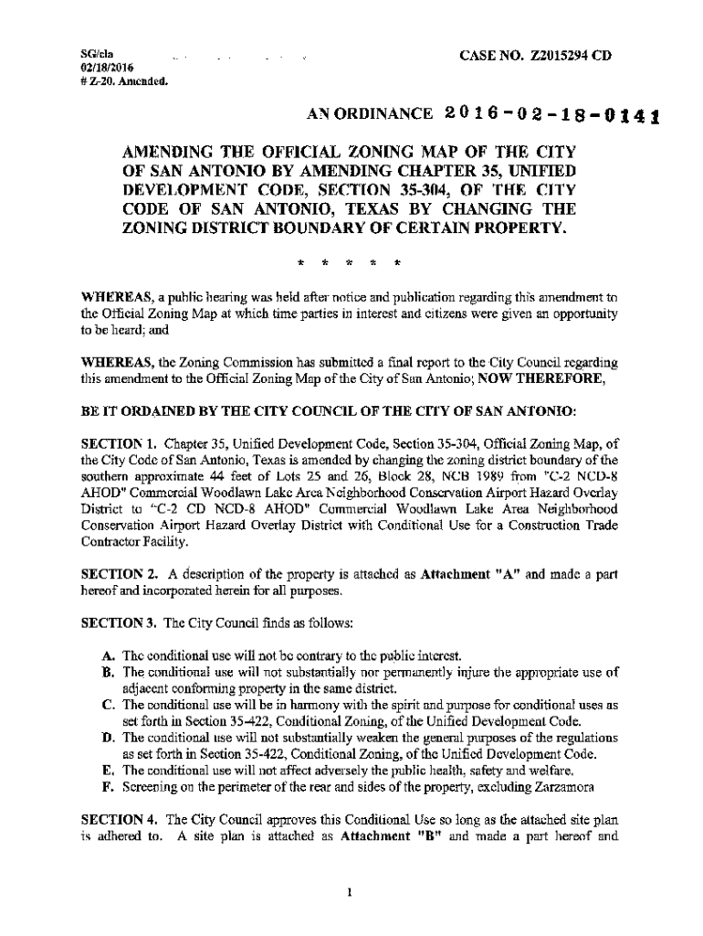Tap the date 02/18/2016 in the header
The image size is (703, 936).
point(106,68)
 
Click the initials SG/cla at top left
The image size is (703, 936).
point(97,55)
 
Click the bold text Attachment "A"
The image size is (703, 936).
point(464,575)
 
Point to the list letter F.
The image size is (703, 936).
point(109,787)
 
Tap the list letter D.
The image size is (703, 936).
point(109,738)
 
